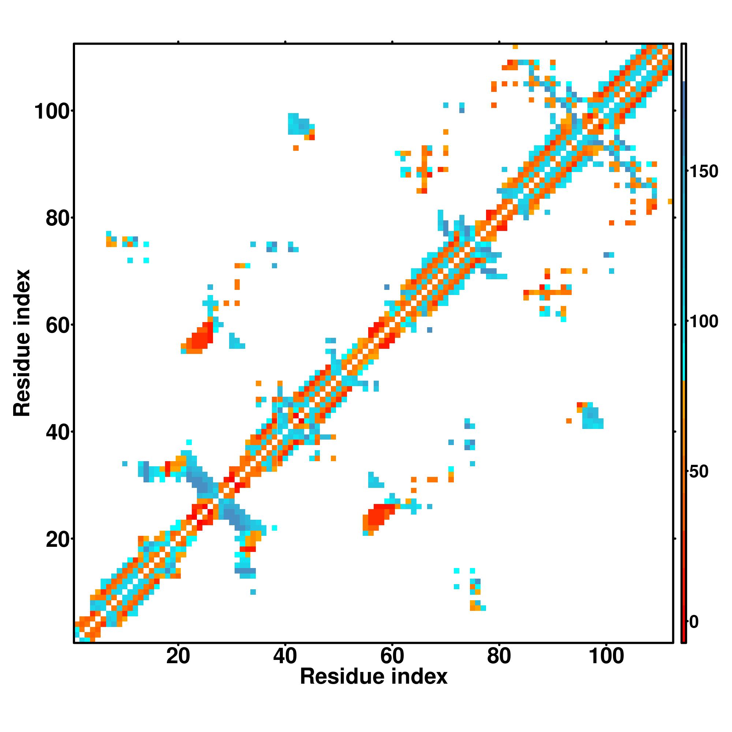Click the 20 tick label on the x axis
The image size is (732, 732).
(x=178, y=656)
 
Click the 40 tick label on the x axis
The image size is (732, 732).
(x=285, y=656)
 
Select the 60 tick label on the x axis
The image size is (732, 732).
(x=392, y=656)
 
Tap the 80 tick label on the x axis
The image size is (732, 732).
(x=499, y=656)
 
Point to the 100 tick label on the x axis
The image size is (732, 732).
(x=606, y=656)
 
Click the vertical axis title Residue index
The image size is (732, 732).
(x=22, y=343)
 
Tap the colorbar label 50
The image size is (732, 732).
(x=699, y=472)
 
